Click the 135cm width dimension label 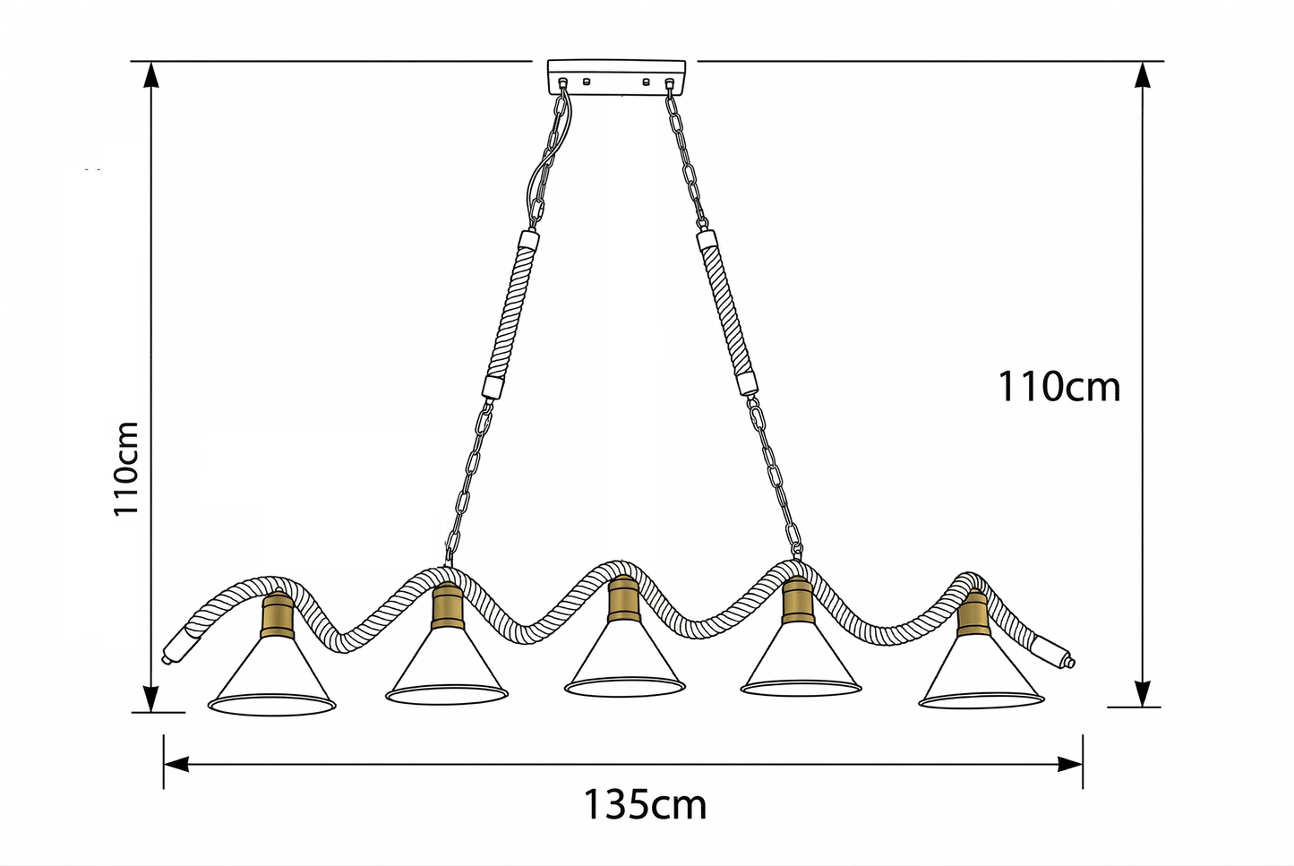click(645, 805)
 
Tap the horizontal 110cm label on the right click(1058, 387)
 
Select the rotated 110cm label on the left click(126, 468)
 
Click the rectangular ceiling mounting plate click(616, 77)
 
